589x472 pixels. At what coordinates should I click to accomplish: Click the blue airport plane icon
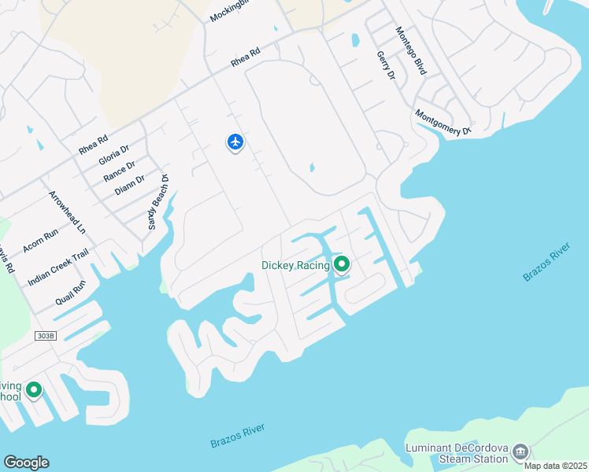pyautogui.click(x=235, y=142)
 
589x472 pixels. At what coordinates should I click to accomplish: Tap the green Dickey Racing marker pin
pyautogui.click(x=341, y=264)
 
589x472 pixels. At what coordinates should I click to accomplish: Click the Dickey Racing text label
pyautogui.click(x=295, y=266)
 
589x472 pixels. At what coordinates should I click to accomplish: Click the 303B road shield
pyautogui.click(x=46, y=336)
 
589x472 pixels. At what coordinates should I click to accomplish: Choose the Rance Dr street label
pyautogui.click(x=119, y=171)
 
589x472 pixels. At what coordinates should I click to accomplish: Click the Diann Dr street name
pyautogui.click(x=129, y=185)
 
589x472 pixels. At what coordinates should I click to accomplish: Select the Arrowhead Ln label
pyautogui.click(x=67, y=212)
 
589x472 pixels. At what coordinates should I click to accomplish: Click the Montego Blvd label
pyautogui.click(x=411, y=51)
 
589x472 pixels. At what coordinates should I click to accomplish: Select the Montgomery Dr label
pyautogui.click(x=443, y=122)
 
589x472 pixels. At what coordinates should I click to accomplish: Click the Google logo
pyautogui.click(x=26, y=463)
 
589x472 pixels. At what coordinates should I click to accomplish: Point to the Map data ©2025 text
pyautogui.click(x=556, y=466)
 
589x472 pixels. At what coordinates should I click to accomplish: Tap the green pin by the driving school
pyautogui.click(x=34, y=389)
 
